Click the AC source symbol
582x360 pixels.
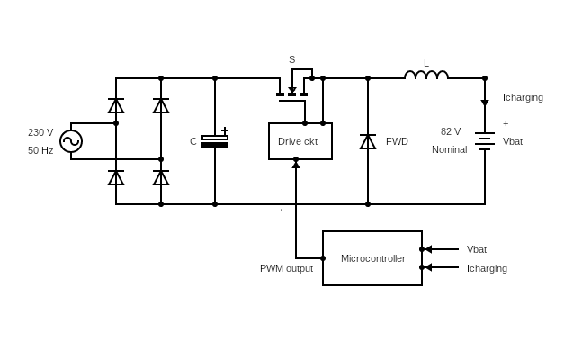click(x=71, y=141)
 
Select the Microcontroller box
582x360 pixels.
click(x=372, y=258)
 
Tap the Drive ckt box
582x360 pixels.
click(x=300, y=141)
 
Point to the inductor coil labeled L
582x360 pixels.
click(x=426, y=76)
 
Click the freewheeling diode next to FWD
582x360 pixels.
click(x=368, y=141)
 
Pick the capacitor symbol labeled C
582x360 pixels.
click(x=215, y=141)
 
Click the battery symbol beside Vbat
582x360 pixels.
click(x=485, y=141)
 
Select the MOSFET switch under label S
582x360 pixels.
click(x=292, y=90)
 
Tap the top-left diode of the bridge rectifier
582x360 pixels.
click(x=116, y=105)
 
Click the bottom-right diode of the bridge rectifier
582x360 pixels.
click(x=161, y=177)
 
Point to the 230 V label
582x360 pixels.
click(x=40, y=132)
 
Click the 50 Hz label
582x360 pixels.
click(x=40, y=150)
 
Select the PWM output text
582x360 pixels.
click(x=286, y=268)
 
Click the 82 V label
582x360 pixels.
click(x=451, y=131)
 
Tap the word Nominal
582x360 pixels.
click(x=449, y=149)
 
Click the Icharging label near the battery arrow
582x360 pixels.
click(x=523, y=97)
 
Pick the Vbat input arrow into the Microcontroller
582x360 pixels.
click(x=440, y=249)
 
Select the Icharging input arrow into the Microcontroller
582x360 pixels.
click(x=440, y=267)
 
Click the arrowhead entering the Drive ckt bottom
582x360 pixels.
click(x=296, y=165)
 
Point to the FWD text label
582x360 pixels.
click(x=397, y=141)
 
